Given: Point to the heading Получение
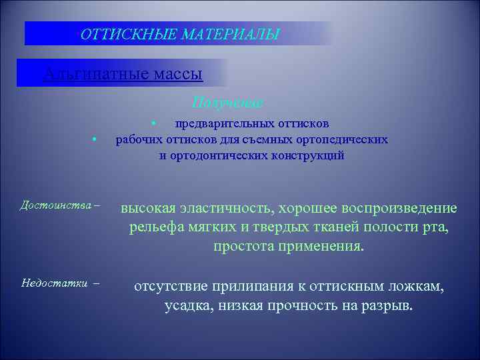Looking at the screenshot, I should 228,103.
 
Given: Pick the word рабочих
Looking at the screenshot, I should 135,139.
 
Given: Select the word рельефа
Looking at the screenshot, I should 155,228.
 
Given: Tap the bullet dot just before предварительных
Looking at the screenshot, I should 153,123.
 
